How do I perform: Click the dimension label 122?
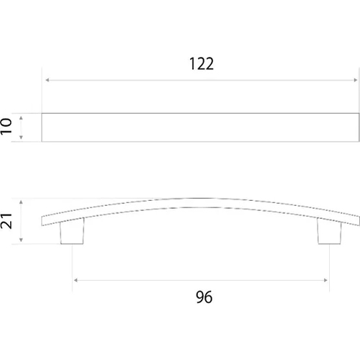[x=202, y=64]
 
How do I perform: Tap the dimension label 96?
[x=204, y=297]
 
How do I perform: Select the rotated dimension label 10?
[x=6, y=126]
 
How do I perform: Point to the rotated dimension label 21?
[x=6, y=221]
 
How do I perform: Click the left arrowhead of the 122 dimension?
[x=48, y=80]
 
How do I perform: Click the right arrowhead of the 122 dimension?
[x=356, y=80]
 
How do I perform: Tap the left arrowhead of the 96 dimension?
[x=76, y=280]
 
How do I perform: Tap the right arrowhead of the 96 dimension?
[x=325, y=280]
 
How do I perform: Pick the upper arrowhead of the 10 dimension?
[x=21, y=118]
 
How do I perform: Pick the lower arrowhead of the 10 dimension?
[x=21, y=138]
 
